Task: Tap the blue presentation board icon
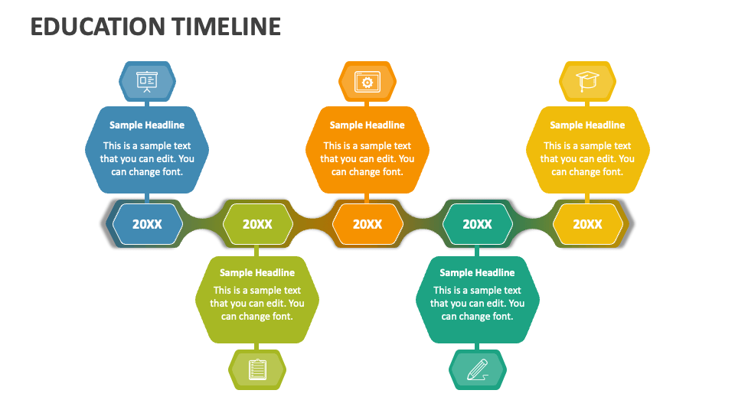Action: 147,82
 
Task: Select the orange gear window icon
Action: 367,82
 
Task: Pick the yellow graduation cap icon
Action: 587,81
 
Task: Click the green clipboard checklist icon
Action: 257,369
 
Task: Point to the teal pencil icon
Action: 478,370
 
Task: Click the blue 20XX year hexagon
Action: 147,224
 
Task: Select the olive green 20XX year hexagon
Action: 257,224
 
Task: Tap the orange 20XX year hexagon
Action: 367,224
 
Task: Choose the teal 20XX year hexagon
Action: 477,224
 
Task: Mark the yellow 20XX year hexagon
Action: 587,224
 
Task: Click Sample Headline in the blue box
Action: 147,125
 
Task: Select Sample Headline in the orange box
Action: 367,125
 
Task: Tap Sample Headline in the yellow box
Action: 587,125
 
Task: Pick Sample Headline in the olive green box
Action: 257,272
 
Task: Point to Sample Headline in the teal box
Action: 477,272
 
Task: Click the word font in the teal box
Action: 502,317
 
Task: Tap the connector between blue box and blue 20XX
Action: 147,198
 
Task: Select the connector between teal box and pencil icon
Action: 477,346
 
